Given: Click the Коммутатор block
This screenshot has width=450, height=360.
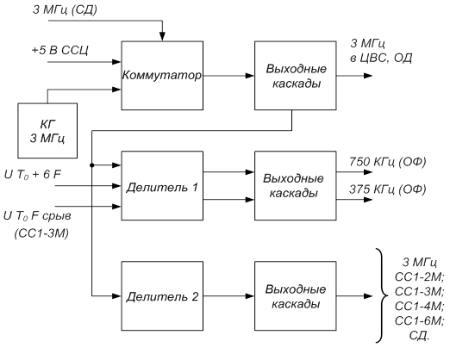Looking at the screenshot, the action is point(162,76).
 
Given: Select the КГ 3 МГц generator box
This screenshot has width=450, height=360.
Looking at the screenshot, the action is point(47,131).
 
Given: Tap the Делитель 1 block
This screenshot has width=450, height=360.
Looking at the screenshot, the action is point(162,186).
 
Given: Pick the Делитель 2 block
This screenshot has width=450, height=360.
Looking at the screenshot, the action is point(162,296).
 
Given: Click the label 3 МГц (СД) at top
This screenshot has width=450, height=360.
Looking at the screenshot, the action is point(65,9).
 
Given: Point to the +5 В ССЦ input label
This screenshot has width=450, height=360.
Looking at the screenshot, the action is point(60,50).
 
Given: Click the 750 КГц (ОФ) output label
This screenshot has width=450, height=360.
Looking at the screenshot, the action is point(388,162).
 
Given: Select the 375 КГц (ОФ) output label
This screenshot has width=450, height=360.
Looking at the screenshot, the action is point(388,189).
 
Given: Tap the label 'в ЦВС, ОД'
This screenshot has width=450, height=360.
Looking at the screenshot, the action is point(381,58).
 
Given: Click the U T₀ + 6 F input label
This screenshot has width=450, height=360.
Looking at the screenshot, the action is point(33,175).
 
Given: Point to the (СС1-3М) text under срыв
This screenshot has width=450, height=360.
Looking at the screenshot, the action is point(42,233).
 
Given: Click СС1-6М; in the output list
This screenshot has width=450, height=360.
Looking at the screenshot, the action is point(420,320).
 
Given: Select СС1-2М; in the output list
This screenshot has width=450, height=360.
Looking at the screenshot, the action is point(420,277).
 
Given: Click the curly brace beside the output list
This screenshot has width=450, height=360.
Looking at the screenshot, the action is point(383,295).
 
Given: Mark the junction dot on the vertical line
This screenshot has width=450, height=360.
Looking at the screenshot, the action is point(92,165).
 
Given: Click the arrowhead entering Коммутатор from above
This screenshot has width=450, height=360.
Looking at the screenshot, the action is point(162,37).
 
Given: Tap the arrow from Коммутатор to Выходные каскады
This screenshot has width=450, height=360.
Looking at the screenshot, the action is point(229,76).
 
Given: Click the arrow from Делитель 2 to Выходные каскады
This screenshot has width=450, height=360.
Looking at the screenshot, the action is point(229,296).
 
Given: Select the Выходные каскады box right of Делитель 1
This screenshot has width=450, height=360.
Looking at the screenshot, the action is point(296,186).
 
